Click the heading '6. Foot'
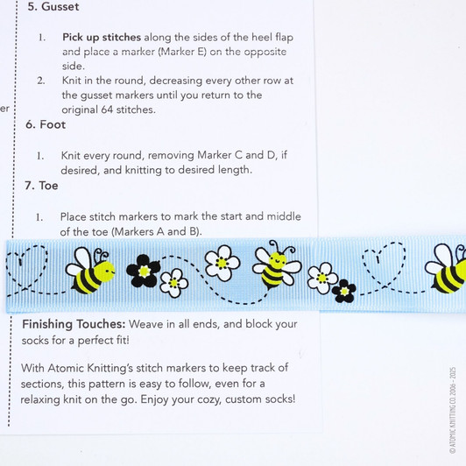point(46,124)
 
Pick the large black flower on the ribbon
point(143,271)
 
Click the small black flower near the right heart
point(345,290)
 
